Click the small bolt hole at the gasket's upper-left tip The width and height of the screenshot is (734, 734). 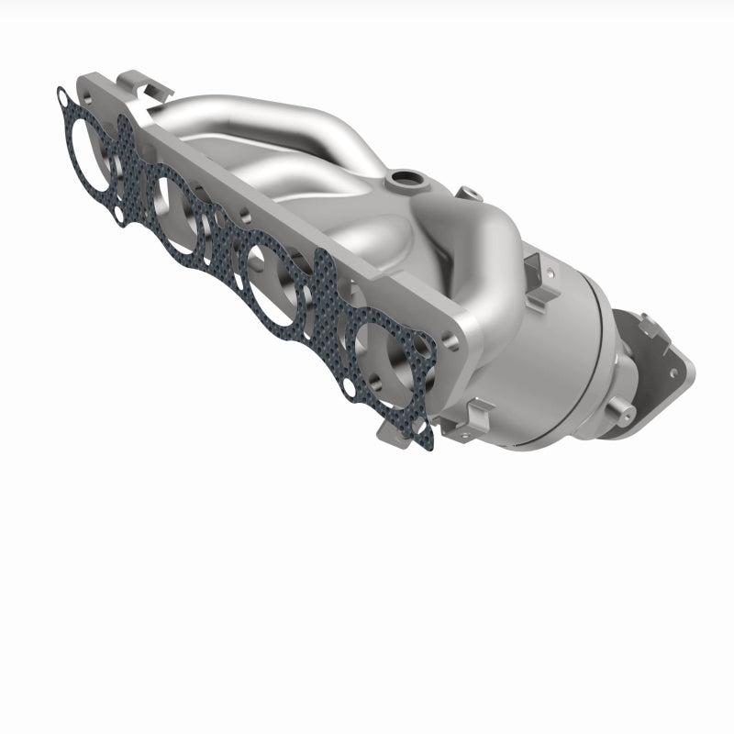[61, 95]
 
